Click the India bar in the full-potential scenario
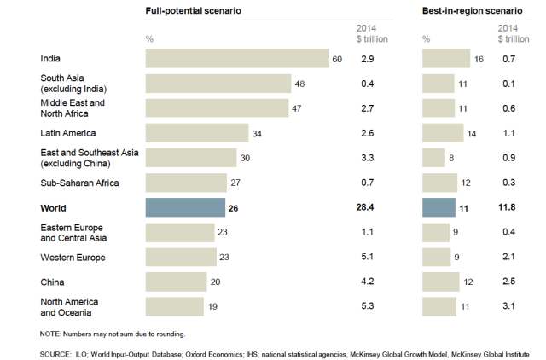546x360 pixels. [x=237, y=58]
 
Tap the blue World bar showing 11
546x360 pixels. [x=439, y=207]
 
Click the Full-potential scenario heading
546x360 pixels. [x=194, y=11]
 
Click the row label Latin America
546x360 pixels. [x=68, y=133]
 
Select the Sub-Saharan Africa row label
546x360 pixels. [x=79, y=183]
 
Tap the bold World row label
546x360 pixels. [x=54, y=207]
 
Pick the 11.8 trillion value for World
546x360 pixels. [x=507, y=207]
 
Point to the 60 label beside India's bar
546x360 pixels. [x=337, y=58]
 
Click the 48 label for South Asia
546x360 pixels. [x=299, y=84]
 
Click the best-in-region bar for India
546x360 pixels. [x=446, y=58]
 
